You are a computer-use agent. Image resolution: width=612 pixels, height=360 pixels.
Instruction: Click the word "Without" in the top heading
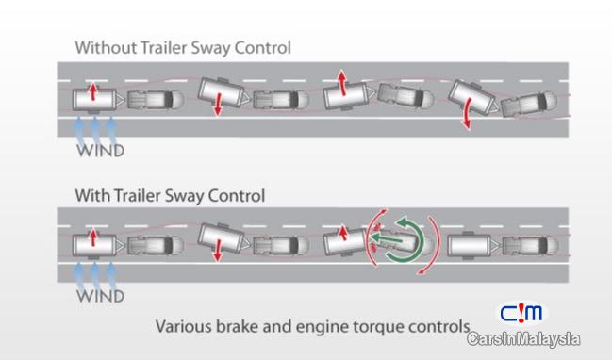106,47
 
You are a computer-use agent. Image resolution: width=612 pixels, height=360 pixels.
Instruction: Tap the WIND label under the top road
101,151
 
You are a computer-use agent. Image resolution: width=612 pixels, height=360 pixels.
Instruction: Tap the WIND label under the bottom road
101,296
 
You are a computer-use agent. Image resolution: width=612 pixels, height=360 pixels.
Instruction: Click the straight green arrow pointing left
387,238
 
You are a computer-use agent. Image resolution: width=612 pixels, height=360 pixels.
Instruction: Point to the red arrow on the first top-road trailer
93,91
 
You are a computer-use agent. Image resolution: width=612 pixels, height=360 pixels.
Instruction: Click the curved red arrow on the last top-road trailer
467,113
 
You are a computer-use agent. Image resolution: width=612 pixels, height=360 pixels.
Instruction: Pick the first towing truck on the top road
156,100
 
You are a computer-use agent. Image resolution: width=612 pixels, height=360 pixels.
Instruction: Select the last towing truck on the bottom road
530,246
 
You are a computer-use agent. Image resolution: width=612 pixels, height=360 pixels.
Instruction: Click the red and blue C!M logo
521,313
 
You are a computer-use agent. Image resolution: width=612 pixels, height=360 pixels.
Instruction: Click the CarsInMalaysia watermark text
523,339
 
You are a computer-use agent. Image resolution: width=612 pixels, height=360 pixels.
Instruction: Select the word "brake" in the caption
238,326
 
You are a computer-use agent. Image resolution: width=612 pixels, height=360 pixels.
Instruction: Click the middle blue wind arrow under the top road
95,130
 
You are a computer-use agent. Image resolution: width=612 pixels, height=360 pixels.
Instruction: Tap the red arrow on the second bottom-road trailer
218,250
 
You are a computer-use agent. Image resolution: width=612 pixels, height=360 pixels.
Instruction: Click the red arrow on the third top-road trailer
342,83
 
